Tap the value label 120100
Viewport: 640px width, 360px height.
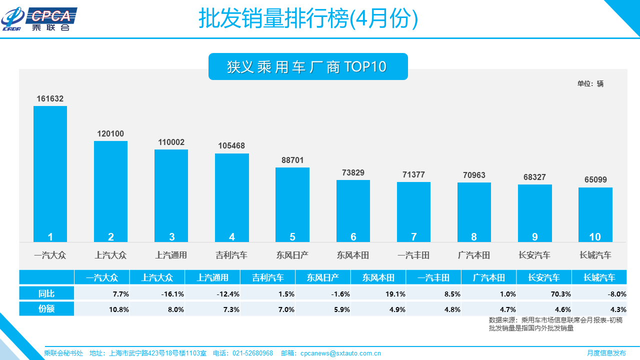[110, 134]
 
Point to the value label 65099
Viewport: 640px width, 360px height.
[595, 180]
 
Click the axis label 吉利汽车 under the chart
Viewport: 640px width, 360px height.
[231, 255]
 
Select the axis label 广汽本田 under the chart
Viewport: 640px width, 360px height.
[474, 255]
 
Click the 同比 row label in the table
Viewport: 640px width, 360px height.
[46, 293]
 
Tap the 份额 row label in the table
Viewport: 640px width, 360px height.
[46, 309]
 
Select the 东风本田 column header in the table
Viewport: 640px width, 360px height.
[378, 277]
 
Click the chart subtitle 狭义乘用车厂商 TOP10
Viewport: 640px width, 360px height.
[307, 67]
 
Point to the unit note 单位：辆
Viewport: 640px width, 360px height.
[590, 83]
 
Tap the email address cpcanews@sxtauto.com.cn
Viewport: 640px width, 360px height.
[340, 353]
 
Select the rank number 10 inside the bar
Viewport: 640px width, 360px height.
[595, 237]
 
